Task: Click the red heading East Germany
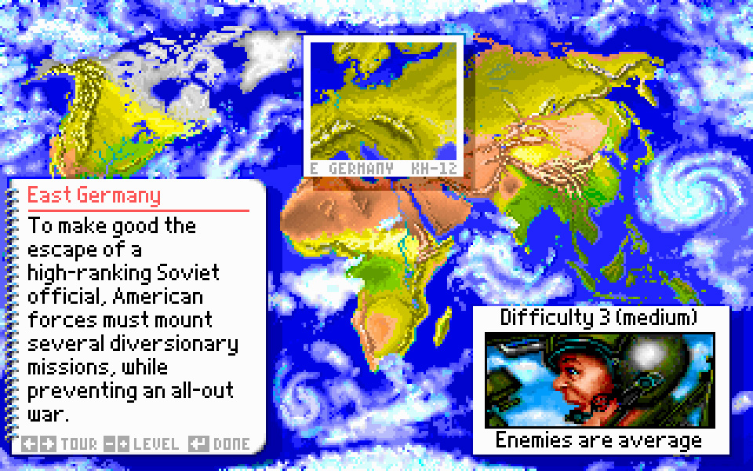(x=94, y=195)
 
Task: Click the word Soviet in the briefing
(x=188, y=272)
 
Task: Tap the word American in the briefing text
(x=158, y=296)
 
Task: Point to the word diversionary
(x=174, y=344)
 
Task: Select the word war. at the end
(x=48, y=414)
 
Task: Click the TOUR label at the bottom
(x=79, y=444)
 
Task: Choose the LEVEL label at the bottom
(x=156, y=444)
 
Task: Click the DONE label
(x=232, y=444)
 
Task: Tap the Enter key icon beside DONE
(x=198, y=444)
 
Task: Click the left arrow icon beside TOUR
(x=29, y=444)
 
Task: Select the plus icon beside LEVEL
(x=123, y=444)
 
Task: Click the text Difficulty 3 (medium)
(x=598, y=318)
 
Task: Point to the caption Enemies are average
(x=598, y=440)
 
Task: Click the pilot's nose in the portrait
(x=558, y=384)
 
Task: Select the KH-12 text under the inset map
(x=434, y=169)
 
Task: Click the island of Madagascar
(x=442, y=327)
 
